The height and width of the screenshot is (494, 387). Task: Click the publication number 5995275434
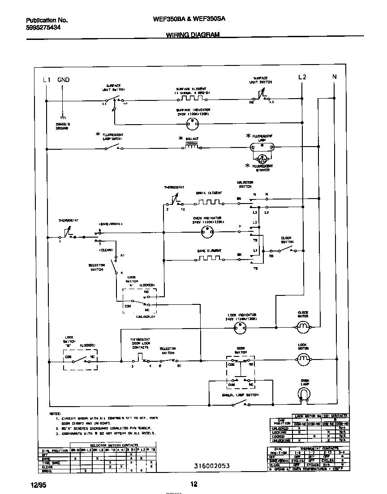pos(43,27)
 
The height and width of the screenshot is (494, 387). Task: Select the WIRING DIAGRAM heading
pos(193,35)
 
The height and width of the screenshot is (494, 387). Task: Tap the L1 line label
pos(47,80)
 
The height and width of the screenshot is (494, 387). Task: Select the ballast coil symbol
pos(192,146)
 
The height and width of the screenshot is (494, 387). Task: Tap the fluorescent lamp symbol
pos(262,146)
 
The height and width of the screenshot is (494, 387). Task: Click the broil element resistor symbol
pos(209,203)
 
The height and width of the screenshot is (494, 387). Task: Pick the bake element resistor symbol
pos(208,259)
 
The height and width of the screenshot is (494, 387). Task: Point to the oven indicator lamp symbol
pos(207,231)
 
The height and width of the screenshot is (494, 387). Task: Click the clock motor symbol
pos(303,329)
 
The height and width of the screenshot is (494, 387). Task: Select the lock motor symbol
pos(303,359)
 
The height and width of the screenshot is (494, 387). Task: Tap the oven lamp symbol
pos(304,394)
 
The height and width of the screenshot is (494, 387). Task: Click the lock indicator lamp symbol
pos(241,329)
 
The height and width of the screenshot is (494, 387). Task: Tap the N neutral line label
pos(334,77)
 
